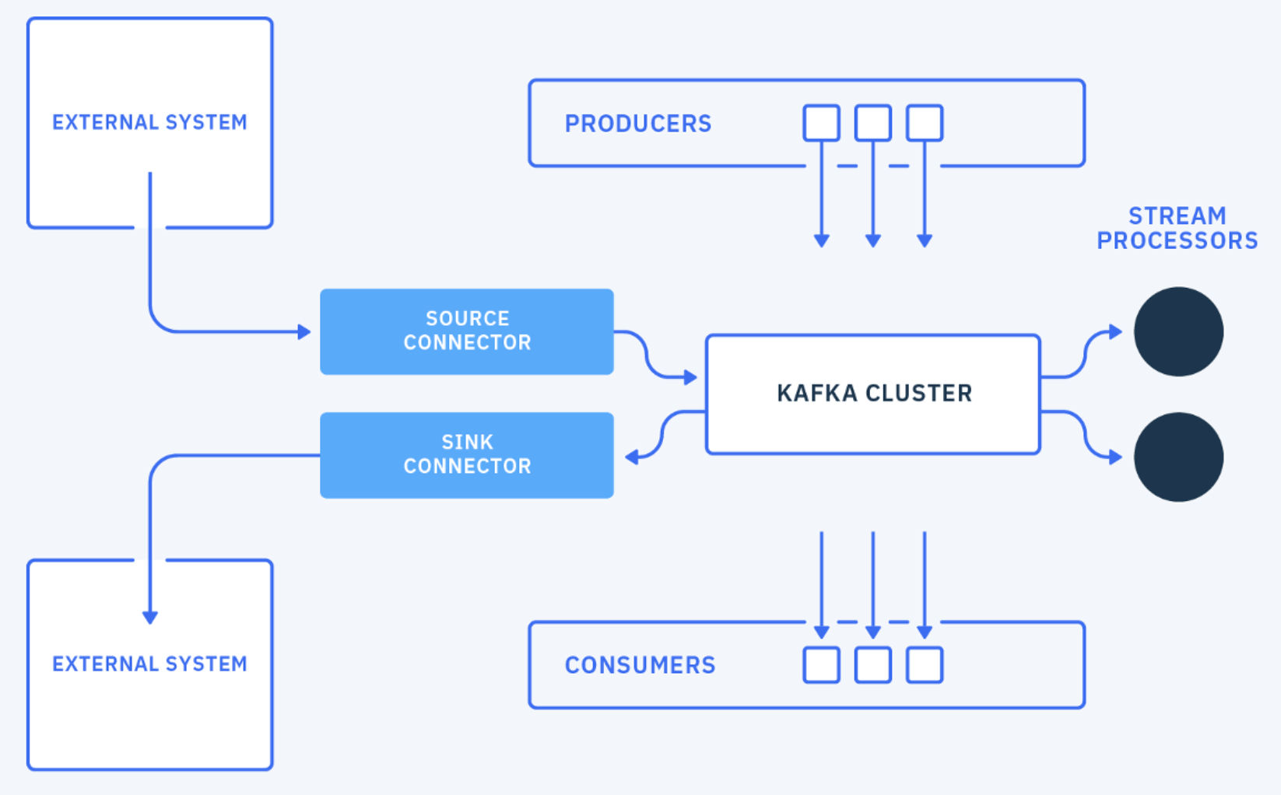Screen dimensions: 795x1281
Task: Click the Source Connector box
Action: (467, 331)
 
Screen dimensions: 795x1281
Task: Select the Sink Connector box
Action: (467, 455)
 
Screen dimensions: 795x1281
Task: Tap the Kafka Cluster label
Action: (874, 394)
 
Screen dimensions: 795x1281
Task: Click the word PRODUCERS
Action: (637, 124)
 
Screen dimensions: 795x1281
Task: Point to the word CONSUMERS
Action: (640, 665)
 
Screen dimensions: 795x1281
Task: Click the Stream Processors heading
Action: (1177, 228)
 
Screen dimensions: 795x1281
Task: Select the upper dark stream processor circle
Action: (1178, 332)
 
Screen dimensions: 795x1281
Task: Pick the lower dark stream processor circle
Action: (1178, 457)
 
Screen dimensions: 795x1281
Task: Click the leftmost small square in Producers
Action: (821, 123)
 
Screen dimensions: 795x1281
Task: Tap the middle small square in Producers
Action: (872, 123)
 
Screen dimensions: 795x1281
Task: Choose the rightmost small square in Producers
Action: (925, 123)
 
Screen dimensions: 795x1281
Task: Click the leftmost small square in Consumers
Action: (821, 665)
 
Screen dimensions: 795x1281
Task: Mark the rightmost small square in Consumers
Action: (925, 665)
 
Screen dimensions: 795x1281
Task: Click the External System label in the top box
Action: (149, 122)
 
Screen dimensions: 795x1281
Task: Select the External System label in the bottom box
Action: (149, 664)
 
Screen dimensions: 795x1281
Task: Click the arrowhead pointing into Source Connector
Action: (304, 332)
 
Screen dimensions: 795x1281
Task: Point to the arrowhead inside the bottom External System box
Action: (150, 618)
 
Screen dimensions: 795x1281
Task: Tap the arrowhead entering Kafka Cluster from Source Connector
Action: (690, 378)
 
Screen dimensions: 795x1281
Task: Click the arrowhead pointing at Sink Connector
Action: (632, 457)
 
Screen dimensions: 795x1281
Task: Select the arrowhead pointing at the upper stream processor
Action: (1116, 332)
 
